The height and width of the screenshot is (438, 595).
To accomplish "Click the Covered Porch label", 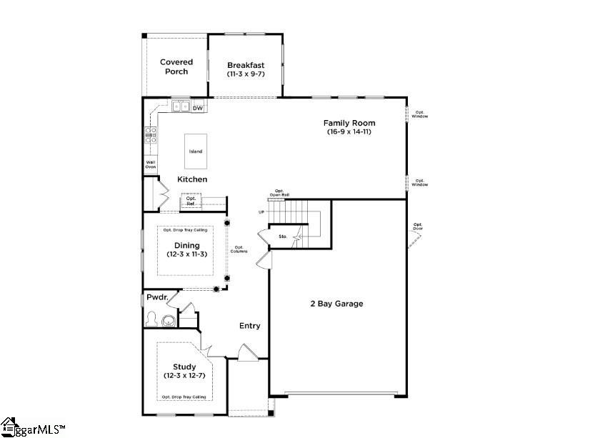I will [x=176, y=66].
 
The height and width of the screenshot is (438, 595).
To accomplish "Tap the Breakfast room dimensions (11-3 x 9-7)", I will [x=245, y=74].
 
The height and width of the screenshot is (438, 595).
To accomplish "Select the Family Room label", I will [x=349, y=123].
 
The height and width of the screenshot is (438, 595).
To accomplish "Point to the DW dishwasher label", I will [x=198, y=108].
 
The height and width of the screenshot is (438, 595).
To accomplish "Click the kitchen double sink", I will [x=180, y=107].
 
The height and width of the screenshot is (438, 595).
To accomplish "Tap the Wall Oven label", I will [x=151, y=165].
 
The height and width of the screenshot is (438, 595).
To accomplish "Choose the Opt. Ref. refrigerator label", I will [x=191, y=201].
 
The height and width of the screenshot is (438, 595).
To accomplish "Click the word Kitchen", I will [x=192, y=179].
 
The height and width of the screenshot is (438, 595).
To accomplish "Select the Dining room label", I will [x=186, y=245].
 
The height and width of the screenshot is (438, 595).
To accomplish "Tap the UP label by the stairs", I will [x=262, y=212].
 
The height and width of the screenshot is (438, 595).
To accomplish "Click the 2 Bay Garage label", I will [x=336, y=304].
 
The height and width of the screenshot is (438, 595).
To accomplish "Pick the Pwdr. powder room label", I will [x=156, y=297].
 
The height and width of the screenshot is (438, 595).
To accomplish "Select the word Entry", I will [x=249, y=326].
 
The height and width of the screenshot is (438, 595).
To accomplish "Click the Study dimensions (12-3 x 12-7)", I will [x=184, y=376].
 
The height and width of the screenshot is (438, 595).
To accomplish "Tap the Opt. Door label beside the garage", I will [x=418, y=227].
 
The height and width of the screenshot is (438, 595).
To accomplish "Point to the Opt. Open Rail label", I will [x=280, y=193].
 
